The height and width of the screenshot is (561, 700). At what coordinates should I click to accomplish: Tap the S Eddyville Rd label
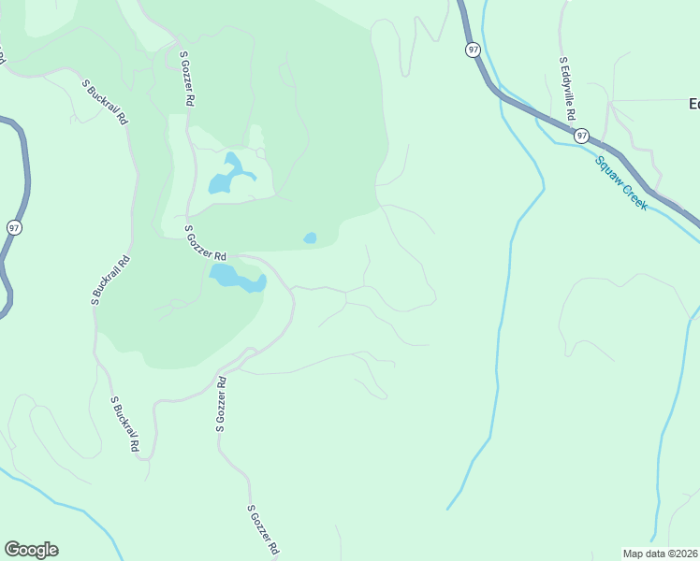(565, 89)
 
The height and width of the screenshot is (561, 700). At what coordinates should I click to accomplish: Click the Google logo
(31, 550)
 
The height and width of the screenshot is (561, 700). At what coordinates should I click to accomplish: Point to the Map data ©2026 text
(661, 554)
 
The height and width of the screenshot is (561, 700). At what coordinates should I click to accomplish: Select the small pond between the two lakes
(310, 238)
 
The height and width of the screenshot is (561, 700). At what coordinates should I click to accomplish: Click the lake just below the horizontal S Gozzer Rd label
(236, 278)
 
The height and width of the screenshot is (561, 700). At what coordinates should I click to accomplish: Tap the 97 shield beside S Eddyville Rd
(582, 136)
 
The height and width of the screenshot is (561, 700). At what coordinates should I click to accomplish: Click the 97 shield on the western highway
(13, 227)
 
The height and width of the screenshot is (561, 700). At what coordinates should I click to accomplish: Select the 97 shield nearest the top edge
(474, 50)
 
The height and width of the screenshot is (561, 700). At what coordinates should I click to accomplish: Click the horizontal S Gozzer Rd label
(206, 242)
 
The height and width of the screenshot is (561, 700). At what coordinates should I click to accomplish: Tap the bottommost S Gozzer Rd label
(265, 531)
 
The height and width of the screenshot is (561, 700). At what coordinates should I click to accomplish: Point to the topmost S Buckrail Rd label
(105, 101)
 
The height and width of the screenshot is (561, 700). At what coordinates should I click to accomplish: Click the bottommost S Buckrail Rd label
(124, 424)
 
